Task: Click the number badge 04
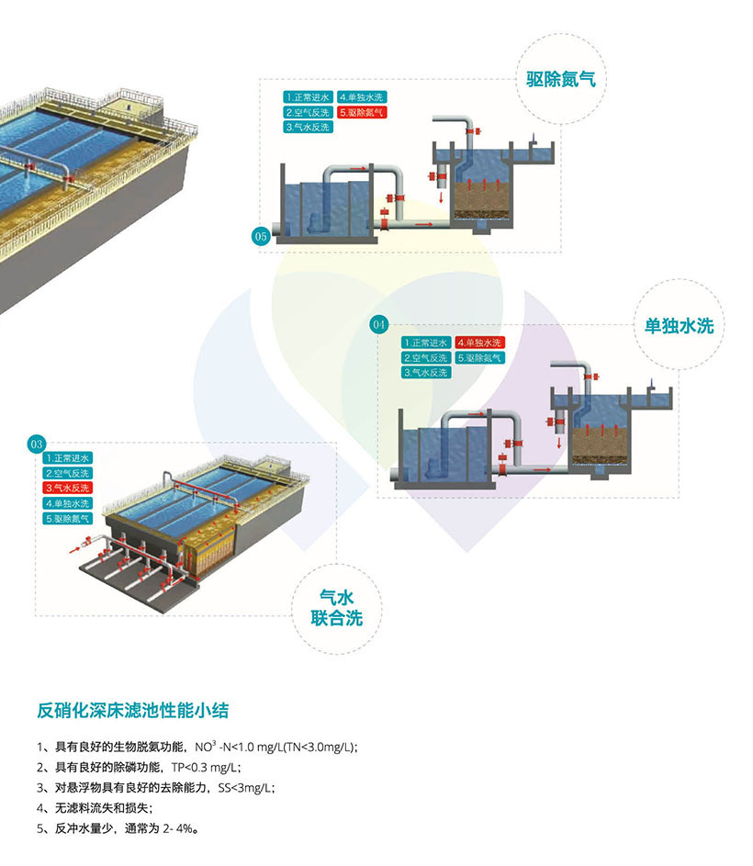coord(378,324)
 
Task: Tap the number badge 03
coord(38,446)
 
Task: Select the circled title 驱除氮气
coord(561,79)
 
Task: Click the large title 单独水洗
coord(679,326)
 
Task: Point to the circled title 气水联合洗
coord(335,608)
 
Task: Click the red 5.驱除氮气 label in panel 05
coord(362,112)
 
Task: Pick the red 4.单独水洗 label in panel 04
coord(480,343)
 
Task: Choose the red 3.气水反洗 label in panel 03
coord(68,488)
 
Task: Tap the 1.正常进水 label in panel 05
coord(308,96)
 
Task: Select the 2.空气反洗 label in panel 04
coord(426,358)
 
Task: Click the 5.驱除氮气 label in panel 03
coord(68,519)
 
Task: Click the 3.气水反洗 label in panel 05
coord(308,128)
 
